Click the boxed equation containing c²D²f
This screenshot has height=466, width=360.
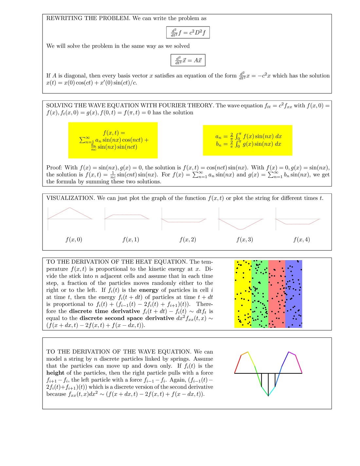coord(188,32)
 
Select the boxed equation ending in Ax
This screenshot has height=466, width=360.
coord(188,60)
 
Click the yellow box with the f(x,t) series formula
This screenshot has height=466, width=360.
coord(113,140)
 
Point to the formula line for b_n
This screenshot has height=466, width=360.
coord(248,144)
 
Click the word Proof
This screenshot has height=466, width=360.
coord(54,168)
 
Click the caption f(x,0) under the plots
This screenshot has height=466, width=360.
coord(74,240)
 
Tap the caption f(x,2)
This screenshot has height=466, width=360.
coord(188,240)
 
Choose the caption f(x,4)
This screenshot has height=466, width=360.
coord(302,240)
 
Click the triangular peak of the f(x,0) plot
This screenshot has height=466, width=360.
coord(69,207)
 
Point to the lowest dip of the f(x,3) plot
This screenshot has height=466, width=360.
coord(241,229)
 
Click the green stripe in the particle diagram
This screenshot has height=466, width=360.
coord(260,294)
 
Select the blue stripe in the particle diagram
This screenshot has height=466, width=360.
coord(294,294)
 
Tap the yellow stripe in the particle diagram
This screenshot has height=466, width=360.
coord(243,294)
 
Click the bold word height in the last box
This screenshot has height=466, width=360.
coord(55,373)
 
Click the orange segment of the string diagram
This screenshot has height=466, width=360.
coord(244,353)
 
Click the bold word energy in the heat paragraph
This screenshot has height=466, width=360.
coord(149,290)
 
